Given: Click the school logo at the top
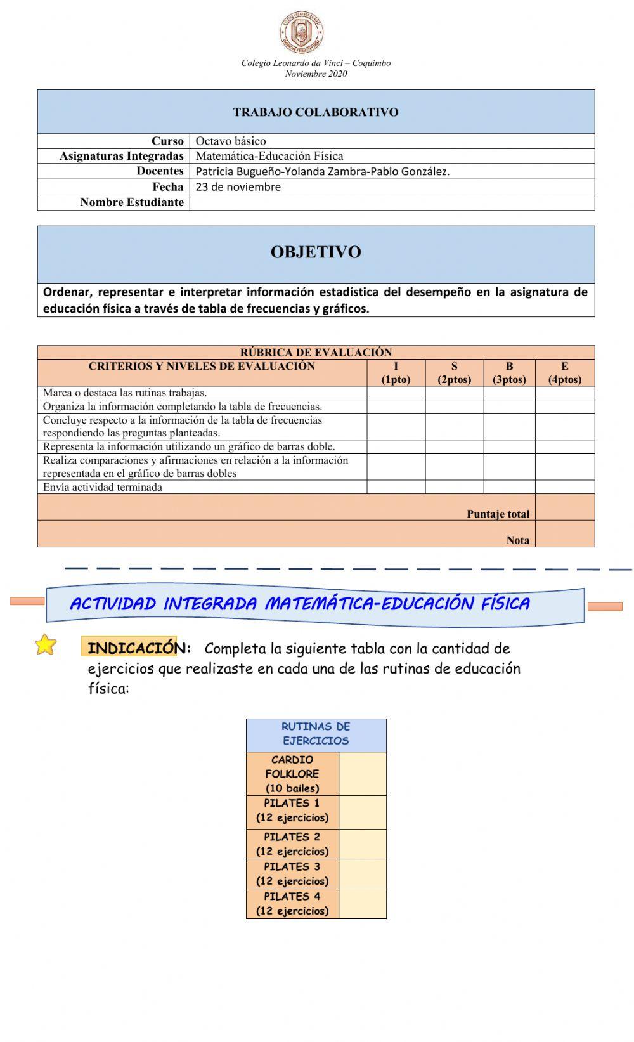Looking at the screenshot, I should point(302,32).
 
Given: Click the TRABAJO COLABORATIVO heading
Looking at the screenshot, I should point(316,112).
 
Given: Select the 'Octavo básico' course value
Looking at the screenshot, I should point(231,141).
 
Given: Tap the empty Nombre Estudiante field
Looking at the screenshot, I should point(391,202).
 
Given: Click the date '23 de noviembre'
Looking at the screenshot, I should point(238,187).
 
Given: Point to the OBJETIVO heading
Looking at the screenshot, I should point(316,252).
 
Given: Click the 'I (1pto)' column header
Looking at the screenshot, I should point(396,373).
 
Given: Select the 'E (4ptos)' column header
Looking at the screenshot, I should point(564,373).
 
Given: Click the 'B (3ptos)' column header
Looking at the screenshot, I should point(509,373).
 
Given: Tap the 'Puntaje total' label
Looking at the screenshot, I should point(498,514).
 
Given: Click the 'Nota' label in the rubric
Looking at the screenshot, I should point(517,540).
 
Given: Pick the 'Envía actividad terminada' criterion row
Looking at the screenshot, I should point(103,487).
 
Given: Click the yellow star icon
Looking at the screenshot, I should point(45,644).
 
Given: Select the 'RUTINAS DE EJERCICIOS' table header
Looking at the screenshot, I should point(316,734).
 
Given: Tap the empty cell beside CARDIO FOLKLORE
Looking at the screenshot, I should point(362,774).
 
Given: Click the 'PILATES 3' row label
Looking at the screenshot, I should point(292,873).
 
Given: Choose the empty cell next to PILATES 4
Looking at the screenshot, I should point(362,903).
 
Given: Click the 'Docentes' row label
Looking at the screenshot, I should point(160,171).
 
